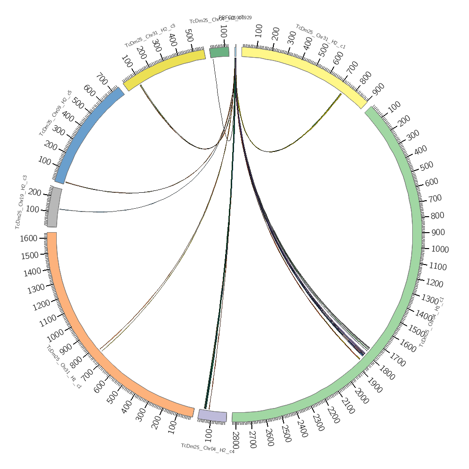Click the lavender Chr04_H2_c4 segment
pyautogui.click(x=212, y=415)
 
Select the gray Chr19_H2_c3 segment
pyautogui.click(x=54, y=207)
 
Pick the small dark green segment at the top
pyautogui.click(x=219, y=52)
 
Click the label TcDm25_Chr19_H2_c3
pyautogui.click(x=22, y=202)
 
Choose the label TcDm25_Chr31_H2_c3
pyautogui.click(x=150, y=35)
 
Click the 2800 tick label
pyautogui.click(x=236, y=440)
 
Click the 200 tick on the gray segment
pyautogui.click(x=34, y=192)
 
